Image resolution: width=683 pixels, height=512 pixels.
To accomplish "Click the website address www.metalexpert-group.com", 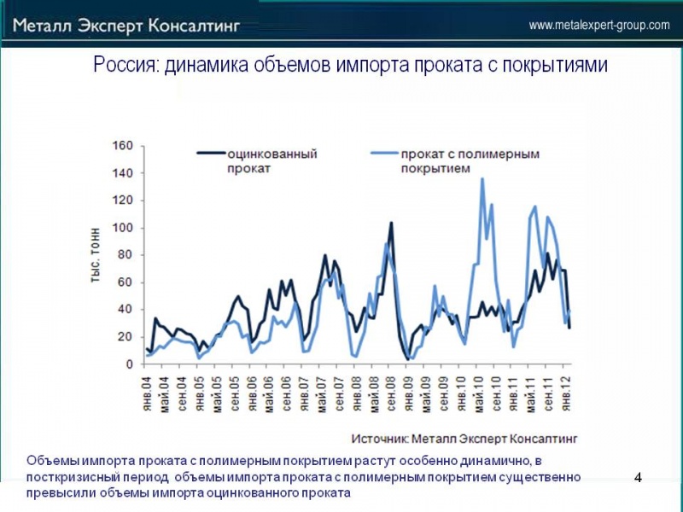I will coord(599,26).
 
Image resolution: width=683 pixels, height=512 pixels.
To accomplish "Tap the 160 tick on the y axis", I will coord(123,146).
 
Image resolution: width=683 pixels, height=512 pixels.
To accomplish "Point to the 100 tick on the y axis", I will coord(123,228).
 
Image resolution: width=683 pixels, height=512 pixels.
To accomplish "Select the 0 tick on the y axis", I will coord(129,364).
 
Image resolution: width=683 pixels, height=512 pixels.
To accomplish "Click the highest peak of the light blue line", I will coord(482,179).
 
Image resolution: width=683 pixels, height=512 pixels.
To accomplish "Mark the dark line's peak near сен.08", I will coord(391,224).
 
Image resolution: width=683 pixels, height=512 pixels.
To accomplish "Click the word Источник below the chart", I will coord(379,438).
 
